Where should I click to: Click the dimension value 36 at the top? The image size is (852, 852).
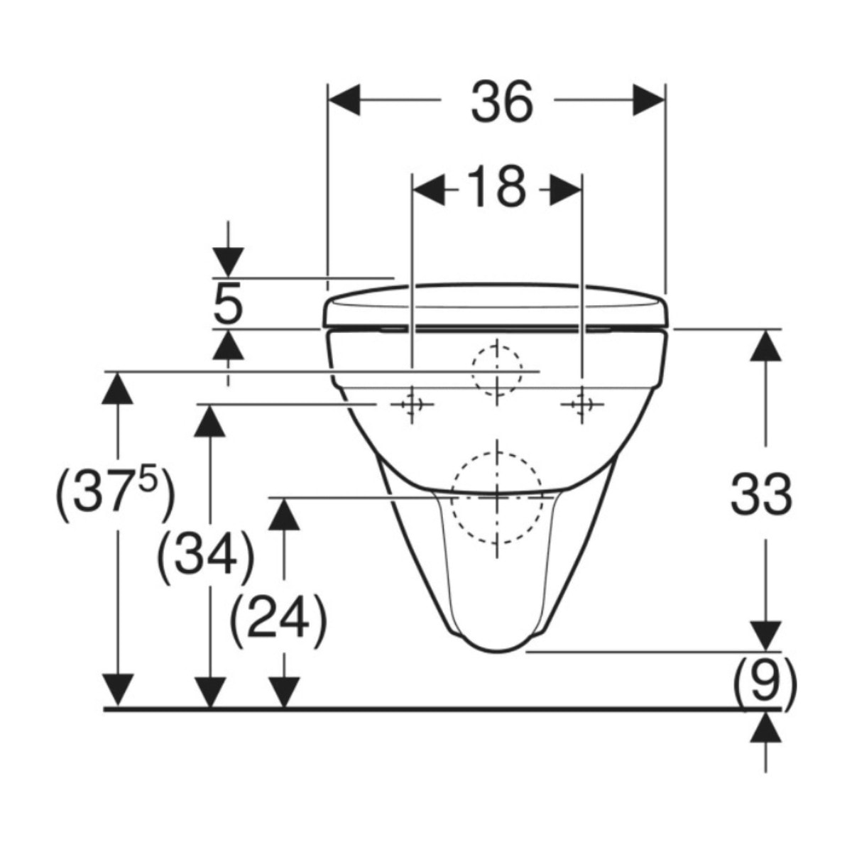coord(503,102)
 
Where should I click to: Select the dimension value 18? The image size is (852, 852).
coord(497,187)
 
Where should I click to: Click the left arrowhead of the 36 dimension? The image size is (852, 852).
coord(344,100)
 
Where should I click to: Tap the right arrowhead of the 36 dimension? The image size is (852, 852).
coord(649,100)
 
